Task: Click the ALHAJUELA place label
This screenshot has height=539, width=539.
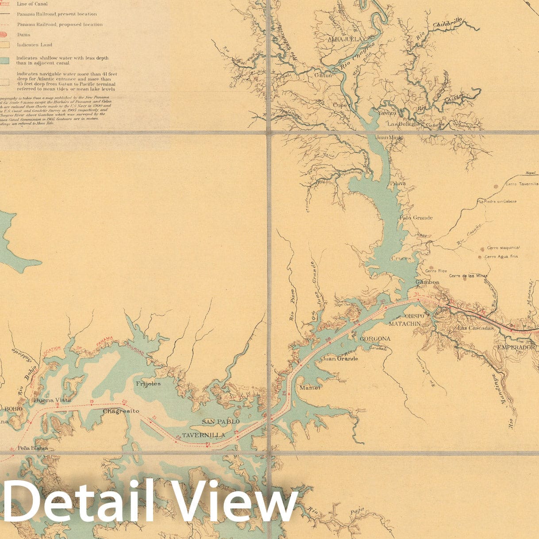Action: click(346, 39)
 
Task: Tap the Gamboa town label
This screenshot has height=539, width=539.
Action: click(427, 282)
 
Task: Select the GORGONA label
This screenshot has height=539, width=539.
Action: click(375, 339)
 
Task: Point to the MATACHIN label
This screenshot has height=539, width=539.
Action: click(404, 324)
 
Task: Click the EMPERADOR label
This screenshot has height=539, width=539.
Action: click(516, 347)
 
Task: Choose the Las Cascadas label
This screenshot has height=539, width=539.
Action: click(475, 328)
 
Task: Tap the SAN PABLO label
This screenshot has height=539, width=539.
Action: click(220, 421)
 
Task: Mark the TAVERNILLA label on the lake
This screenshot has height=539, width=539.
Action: click(203, 435)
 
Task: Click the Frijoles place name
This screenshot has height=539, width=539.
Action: click(148, 384)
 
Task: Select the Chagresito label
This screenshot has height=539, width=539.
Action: click(121, 411)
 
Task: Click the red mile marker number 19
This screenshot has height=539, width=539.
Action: click(92, 402)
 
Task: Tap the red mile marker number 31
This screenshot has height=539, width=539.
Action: click(416, 294)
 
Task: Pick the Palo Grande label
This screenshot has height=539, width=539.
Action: click(416, 218)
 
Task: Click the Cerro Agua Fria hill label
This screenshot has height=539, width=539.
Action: click(501, 257)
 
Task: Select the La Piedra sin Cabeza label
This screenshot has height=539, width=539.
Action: click(497, 202)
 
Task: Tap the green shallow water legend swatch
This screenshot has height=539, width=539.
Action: click(4, 61)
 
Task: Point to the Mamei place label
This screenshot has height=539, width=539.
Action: click(310, 387)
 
